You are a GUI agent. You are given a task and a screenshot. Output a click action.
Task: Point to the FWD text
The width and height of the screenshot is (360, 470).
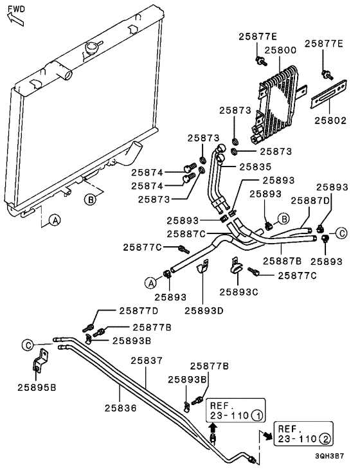pos(17,9)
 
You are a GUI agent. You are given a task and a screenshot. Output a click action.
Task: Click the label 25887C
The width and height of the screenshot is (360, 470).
pos(186,233)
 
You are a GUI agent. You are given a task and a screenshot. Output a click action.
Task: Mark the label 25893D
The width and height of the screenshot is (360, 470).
pos(204,311)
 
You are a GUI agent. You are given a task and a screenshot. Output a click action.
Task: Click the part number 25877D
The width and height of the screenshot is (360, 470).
pos(139,311)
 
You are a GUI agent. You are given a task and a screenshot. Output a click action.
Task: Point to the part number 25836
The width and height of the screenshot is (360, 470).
pos(121,408)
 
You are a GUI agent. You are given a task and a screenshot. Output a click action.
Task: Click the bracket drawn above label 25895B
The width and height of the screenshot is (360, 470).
pos(40,361)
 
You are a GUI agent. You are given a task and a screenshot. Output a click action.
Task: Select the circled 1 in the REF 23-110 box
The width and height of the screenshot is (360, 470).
pos(256,415)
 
